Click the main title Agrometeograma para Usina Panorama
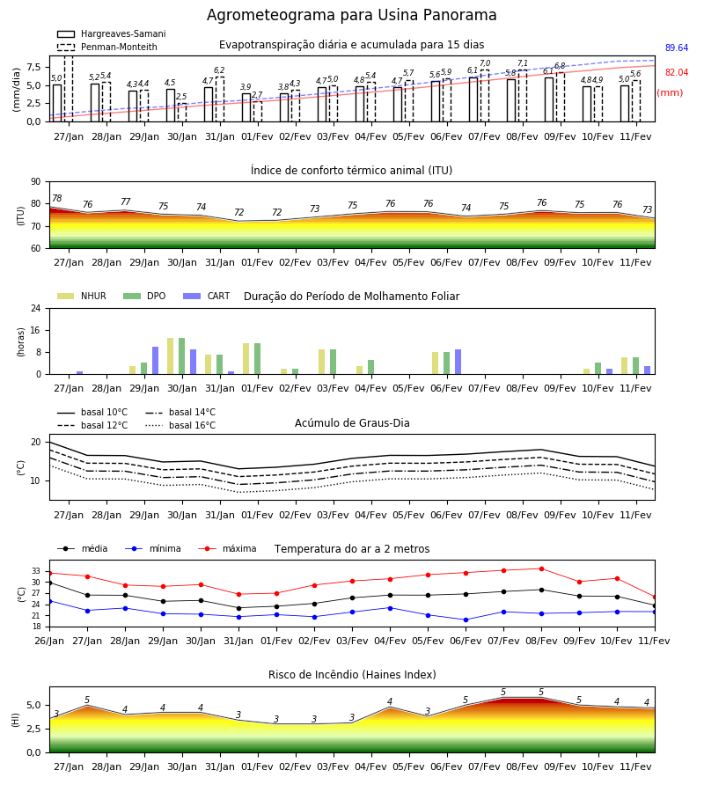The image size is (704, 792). point(351,15)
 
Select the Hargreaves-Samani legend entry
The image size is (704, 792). point(112,33)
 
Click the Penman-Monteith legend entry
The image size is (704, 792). point(107,47)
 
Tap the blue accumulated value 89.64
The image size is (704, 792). point(677,48)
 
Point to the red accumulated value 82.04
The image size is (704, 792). point(677,73)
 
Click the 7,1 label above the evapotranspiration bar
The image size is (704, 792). point(523,63)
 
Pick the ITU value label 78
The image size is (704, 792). point(56,199)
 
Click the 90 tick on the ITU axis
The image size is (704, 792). point(36,182)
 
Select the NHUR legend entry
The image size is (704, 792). point(81,296)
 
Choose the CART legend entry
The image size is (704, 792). point(207,296)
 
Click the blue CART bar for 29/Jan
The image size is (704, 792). point(156,361)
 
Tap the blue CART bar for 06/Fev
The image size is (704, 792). point(458,362)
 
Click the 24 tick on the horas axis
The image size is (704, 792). point(36,308)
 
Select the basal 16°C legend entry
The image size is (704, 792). point(180,425)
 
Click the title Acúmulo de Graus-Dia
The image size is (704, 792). point(352,423)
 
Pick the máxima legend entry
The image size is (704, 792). point(227,548)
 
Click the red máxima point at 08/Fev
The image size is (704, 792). point(541,568)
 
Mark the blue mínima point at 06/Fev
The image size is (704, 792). point(466,620)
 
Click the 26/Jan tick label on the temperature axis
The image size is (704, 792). point(49,641)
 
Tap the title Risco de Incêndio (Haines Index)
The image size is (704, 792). point(352,675)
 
